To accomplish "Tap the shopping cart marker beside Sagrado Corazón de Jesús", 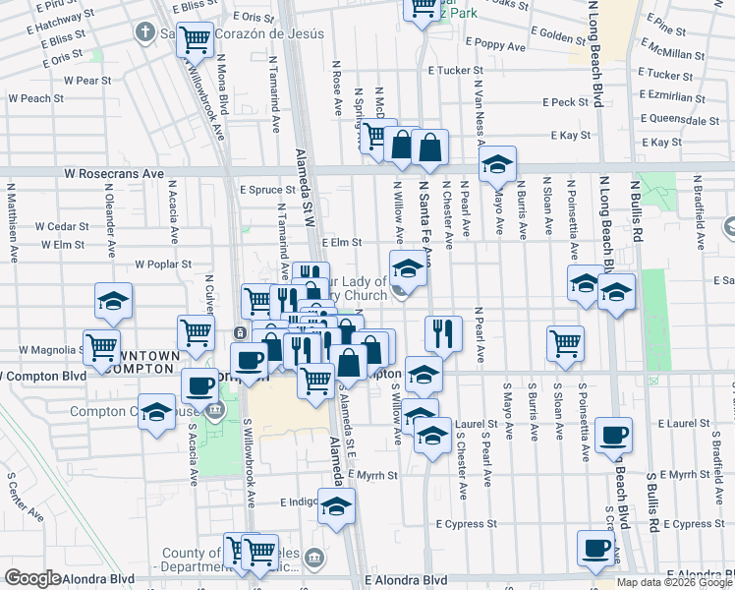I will [x=195, y=40].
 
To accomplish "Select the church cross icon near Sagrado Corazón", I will [x=145, y=32].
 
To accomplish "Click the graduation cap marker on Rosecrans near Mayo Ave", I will [x=498, y=164].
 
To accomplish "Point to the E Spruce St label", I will [x=267, y=190].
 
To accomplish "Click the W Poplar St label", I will [x=162, y=265].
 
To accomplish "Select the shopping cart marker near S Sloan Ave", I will [x=566, y=342].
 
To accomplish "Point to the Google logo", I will [x=33, y=578].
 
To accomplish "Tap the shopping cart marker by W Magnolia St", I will [x=102, y=346].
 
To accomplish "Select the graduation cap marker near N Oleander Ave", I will [x=113, y=300].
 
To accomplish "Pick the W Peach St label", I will [x=36, y=98].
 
